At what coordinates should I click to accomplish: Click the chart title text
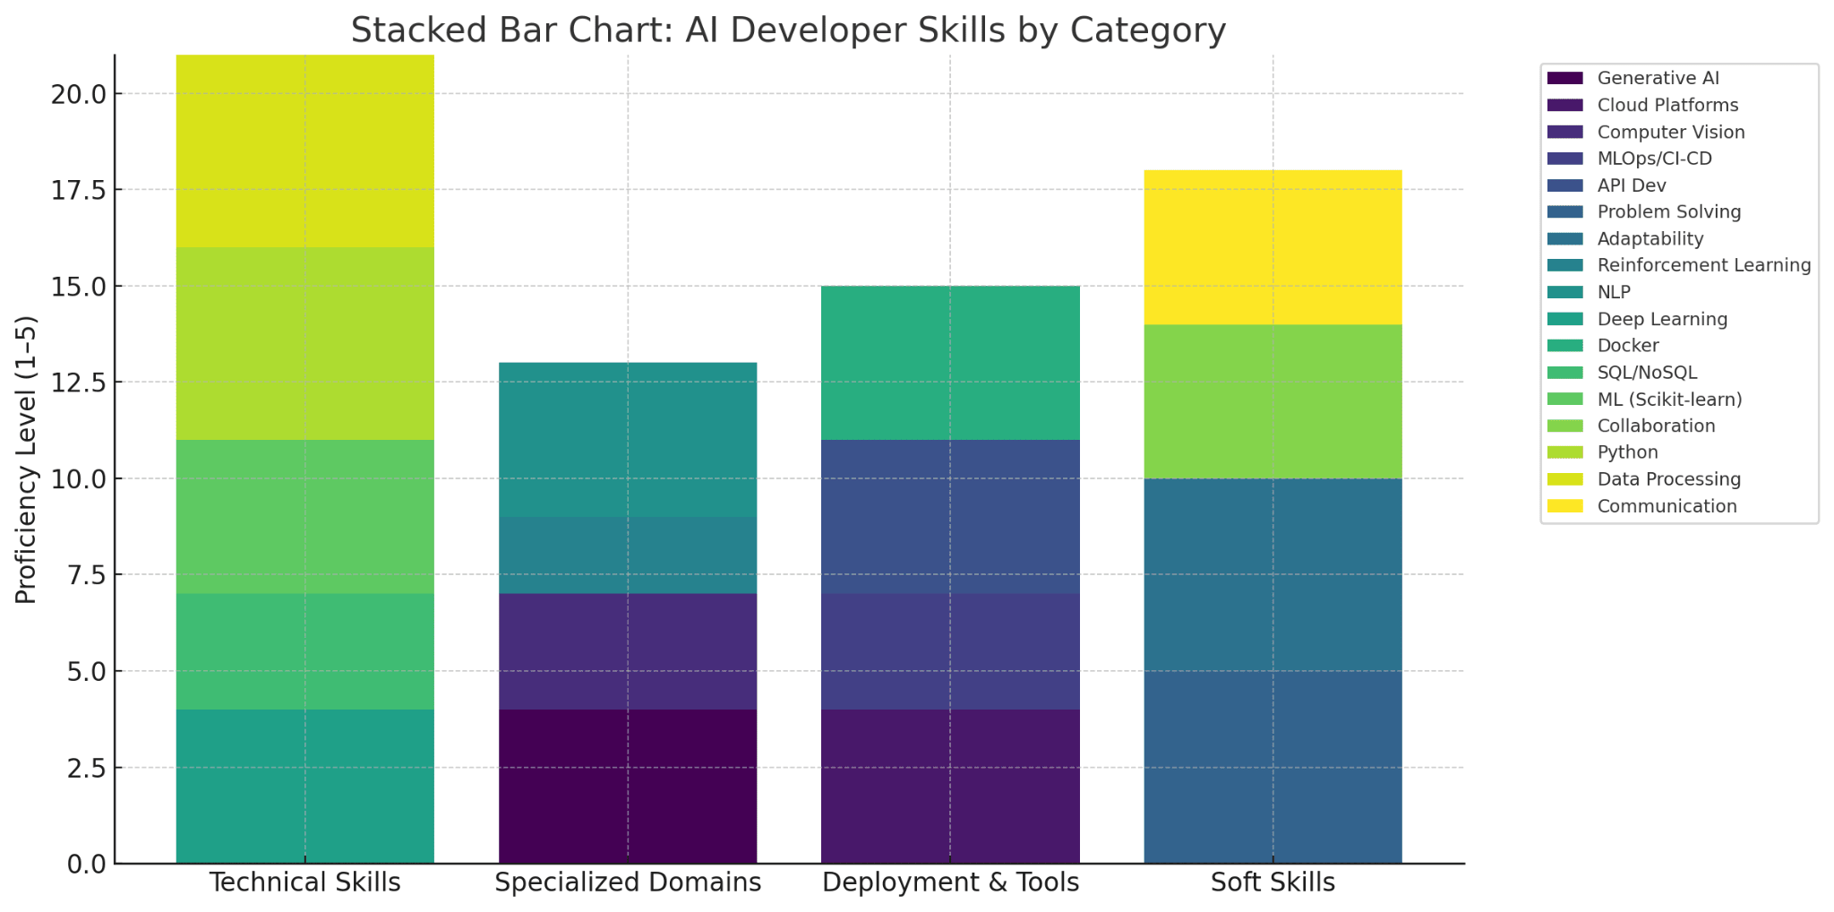pos(788,30)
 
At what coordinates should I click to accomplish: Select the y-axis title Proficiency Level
pos(27,459)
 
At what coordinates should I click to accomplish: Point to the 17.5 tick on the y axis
pos(78,190)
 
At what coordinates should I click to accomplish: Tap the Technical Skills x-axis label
pos(304,883)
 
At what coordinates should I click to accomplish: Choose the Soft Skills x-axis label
pos(1273,883)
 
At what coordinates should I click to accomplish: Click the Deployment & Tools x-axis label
pos(950,883)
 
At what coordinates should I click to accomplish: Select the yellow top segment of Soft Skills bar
pos(1273,247)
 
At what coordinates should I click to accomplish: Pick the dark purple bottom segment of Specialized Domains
pos(627,787)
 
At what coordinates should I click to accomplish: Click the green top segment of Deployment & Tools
pos(950,363)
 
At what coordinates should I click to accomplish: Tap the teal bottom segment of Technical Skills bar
pos(304,787)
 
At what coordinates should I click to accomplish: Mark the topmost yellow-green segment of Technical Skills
pos(304,151)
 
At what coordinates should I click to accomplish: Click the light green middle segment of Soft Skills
pos(1273,401)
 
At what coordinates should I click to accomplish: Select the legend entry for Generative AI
pos(1658,79)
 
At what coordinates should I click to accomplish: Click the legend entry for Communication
pos(1667,506)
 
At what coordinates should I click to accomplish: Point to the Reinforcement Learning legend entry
pos(1703,265)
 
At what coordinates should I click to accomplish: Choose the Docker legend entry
pos(1628,346)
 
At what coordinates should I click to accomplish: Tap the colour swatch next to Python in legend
pos(1564,452)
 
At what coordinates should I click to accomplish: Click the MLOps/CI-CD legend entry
pos(1654,159)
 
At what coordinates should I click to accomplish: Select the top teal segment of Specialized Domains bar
pos(627,440)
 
